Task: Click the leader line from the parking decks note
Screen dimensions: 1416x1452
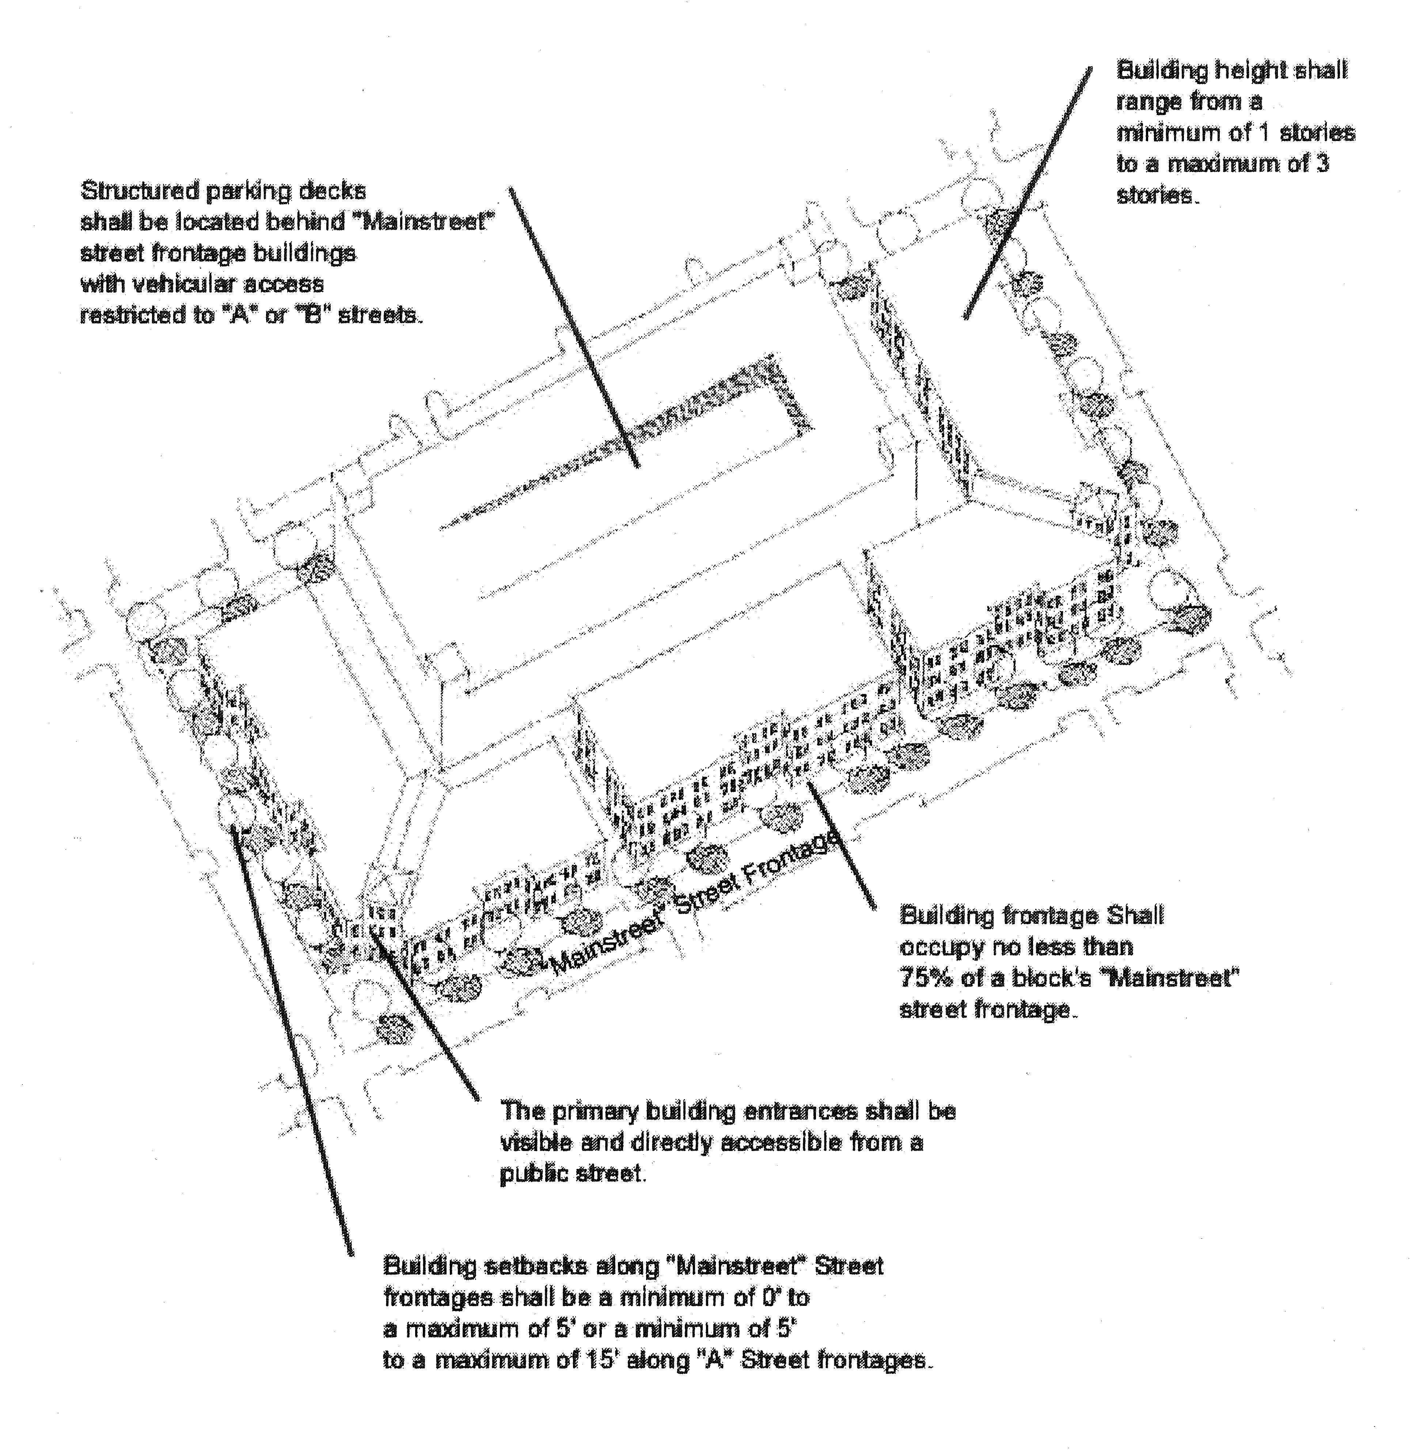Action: [x=573, y=327]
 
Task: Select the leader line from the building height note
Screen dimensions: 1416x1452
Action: [x=1029, y=193]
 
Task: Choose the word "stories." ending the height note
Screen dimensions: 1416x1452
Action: [x=1157, y=195]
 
